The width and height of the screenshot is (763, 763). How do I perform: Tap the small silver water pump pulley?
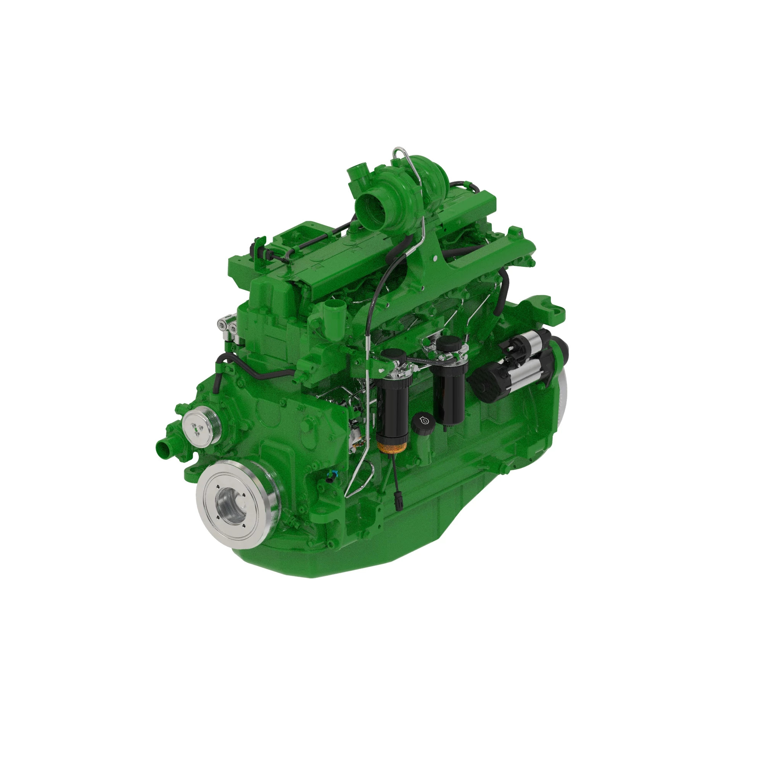point(198,425)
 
